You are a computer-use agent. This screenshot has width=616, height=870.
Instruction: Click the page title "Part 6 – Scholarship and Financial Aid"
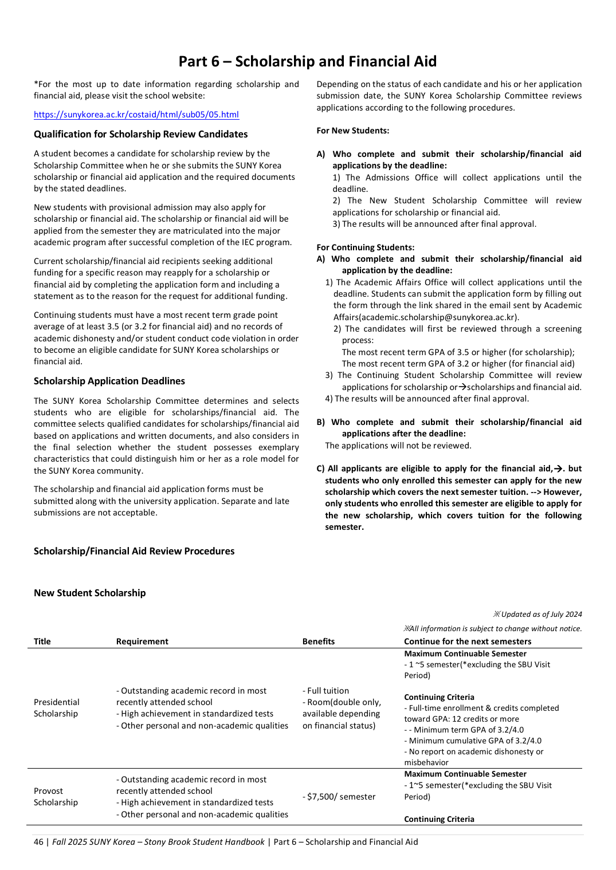(x=307, y=61)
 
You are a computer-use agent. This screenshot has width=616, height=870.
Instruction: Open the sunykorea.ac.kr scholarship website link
(x=136, y=115)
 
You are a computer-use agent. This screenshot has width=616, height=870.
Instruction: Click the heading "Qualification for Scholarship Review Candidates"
(x=140, y=134)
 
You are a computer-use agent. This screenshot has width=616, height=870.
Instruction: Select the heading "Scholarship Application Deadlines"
(x=109, y=381)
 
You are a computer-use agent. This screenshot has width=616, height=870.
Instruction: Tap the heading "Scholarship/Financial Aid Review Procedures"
(x=134, y=551)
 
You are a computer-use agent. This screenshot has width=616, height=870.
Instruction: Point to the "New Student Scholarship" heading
(x=89, y=593)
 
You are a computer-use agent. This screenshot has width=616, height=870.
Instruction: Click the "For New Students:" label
(x=352, y=131)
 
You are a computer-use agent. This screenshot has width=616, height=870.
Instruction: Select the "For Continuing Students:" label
(x=365, y=247)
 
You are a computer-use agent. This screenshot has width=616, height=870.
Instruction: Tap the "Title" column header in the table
(x=42, y=641)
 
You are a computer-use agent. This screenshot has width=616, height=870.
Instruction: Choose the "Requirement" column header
(x=142, y=641)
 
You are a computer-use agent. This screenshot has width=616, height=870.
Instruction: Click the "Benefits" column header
(x=318, y=641)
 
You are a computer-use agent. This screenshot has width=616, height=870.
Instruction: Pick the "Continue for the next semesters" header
(x=467, y=641)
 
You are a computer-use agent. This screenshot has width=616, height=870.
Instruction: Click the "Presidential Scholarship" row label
(x=56, y=708)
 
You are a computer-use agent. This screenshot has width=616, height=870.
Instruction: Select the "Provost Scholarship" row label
(x=55, y=797)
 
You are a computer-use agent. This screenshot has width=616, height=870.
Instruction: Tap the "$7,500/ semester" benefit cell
(x=339, y=797)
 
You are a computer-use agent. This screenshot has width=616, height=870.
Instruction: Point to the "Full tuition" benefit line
(x=326, y=691)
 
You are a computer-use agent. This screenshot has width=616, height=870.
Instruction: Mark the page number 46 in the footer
(x=38, y=842)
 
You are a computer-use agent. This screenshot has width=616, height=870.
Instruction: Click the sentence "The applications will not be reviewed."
(x=398, y=446)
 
